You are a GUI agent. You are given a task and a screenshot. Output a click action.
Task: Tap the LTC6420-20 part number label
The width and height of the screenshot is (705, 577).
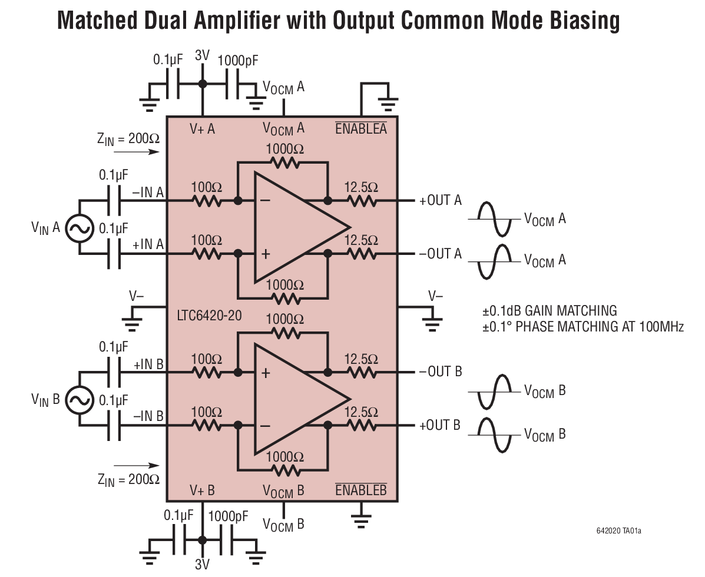click(x=209, y=316)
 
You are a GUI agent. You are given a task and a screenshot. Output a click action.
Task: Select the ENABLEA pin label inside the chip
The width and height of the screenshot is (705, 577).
click(x=360, y=128)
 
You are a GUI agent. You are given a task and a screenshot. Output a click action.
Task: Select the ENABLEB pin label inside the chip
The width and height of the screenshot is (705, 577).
click(x=360, y=490)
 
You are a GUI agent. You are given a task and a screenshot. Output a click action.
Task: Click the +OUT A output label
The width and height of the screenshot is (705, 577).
click(x=440, y=201)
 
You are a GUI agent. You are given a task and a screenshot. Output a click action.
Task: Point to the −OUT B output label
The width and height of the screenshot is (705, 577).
click(x=440, y=372)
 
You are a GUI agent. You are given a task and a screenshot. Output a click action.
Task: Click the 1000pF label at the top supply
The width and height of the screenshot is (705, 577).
click(x=238, y=60)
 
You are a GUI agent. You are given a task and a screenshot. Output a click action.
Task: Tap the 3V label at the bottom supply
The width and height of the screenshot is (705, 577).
click(x=202, y=565)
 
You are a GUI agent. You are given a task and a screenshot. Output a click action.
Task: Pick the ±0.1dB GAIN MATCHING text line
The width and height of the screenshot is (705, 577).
click(x=549, y=310)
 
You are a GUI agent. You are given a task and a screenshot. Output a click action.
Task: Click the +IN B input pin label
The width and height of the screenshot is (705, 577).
click(x=148, y=364)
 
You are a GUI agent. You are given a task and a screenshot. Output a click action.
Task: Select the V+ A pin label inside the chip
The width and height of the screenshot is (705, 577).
click(x=202, y=128)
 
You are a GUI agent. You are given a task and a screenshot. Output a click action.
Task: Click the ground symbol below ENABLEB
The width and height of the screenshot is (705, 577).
click(x=361, y=518)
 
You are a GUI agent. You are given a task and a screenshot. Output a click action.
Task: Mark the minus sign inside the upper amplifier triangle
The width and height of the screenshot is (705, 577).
click(x=265, y=200)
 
